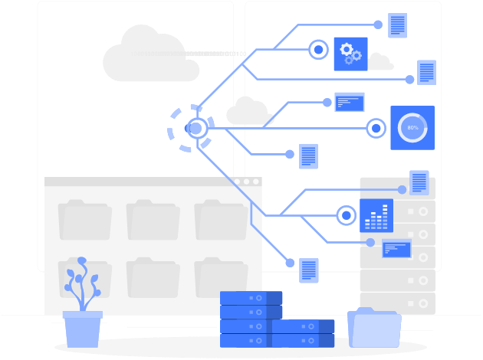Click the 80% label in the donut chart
click(412, 128)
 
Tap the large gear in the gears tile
click(347, 50)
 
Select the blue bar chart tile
click(376, 216)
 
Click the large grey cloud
click(150, 57)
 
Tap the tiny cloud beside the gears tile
click(379, 62)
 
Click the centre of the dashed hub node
click(196, 128)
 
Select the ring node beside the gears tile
click(319, 50)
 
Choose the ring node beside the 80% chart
click(376, 128)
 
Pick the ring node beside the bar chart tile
click(347, 215)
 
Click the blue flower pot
click(82, 329)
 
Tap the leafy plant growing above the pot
click(81, 285)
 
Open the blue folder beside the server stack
click(374, 329)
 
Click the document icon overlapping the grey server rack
click(419, 182)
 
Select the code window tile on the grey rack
click(396, 248)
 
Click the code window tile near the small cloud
click(350, 102)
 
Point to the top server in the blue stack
click(251, 298)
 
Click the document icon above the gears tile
click(397, 25)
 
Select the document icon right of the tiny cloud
click(427, 72)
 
